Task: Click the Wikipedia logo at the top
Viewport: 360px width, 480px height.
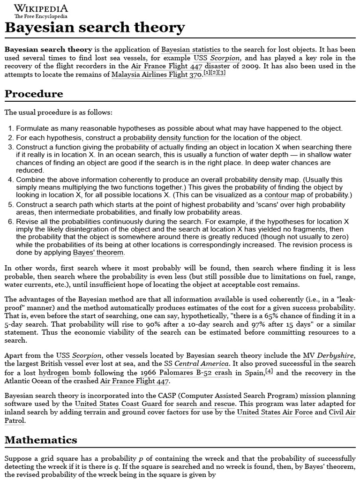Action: (40, 11)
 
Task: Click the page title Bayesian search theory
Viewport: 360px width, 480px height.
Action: (95, 28)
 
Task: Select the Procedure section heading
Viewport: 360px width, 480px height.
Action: (34, 94)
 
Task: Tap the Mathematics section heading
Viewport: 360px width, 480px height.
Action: (41, 440)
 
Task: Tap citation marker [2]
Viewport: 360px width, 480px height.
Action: (214, 73)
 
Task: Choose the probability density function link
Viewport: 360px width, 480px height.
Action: (165, 138)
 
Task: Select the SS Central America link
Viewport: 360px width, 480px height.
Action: (197, 364)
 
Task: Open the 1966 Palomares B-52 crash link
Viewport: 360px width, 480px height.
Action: (186, 373)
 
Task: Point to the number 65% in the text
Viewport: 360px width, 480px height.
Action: (251, 316)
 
